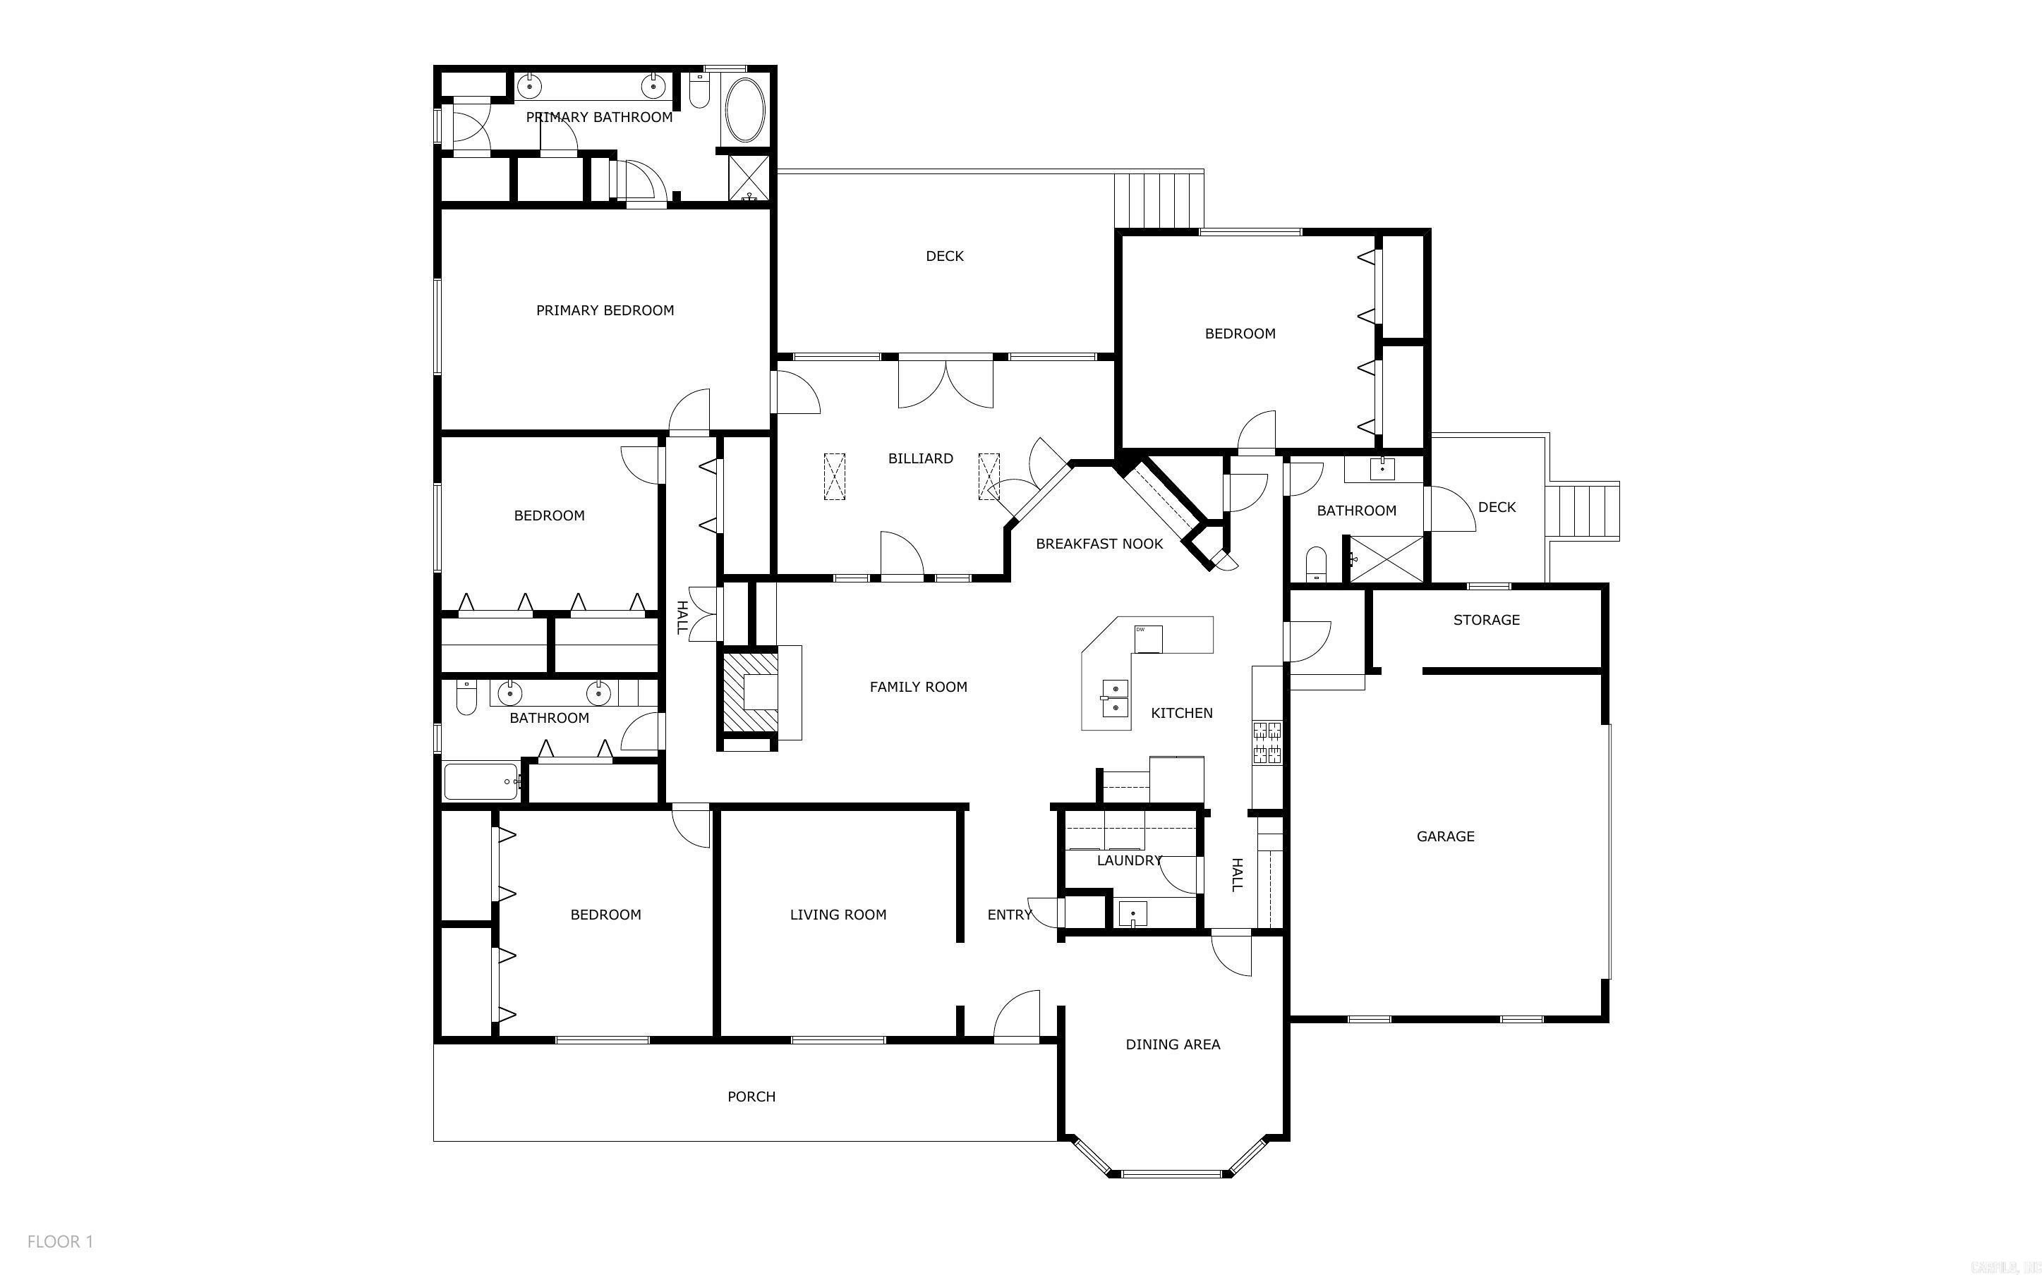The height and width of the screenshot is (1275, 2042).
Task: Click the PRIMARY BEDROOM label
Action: pyautogui.click(x=605, y=310)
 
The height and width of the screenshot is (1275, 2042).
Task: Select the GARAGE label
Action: pyautogui.click(x=1445, y=836)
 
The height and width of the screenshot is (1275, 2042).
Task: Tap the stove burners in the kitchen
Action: pyautogui.click(x=1266, y=742)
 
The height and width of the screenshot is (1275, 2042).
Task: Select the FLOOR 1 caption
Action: pyautogui.click(x=60, y=1241)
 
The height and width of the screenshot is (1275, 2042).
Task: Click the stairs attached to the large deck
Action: pyautogui.click(x=1158, y=200)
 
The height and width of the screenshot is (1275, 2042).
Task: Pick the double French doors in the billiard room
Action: pyautogui.click(x=945, y=384)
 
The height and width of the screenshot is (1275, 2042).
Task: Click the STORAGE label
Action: pyautogui.click(x=1485, y=620)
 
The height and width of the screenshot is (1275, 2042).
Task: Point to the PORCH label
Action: pyautogui.click(x=751, y=1096)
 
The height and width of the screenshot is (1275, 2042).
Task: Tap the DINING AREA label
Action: pyautogui.click(x=1173, y=1044)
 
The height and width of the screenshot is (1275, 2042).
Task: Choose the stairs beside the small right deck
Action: pyautogui.click(x=1585, y=511)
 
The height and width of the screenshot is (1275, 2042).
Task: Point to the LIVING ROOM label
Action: pyautogui.click(x=838, y=914)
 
